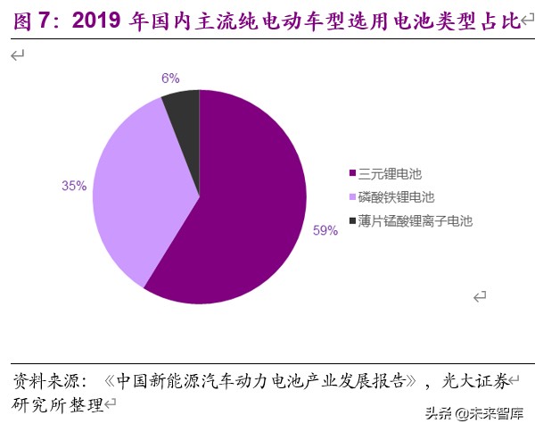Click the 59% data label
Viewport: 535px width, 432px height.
click(325, 230)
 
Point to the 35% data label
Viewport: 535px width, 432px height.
click(74, 186)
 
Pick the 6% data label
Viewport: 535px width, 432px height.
click(170, 78)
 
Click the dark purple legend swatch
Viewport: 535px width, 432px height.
click(353, 173)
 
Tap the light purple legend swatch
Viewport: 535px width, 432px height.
click(353, 196)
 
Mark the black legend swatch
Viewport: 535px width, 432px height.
click(353, 220)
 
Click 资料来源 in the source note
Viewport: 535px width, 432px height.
click(43, 381)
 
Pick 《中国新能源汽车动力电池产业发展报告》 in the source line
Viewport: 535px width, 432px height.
click(262, 381)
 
